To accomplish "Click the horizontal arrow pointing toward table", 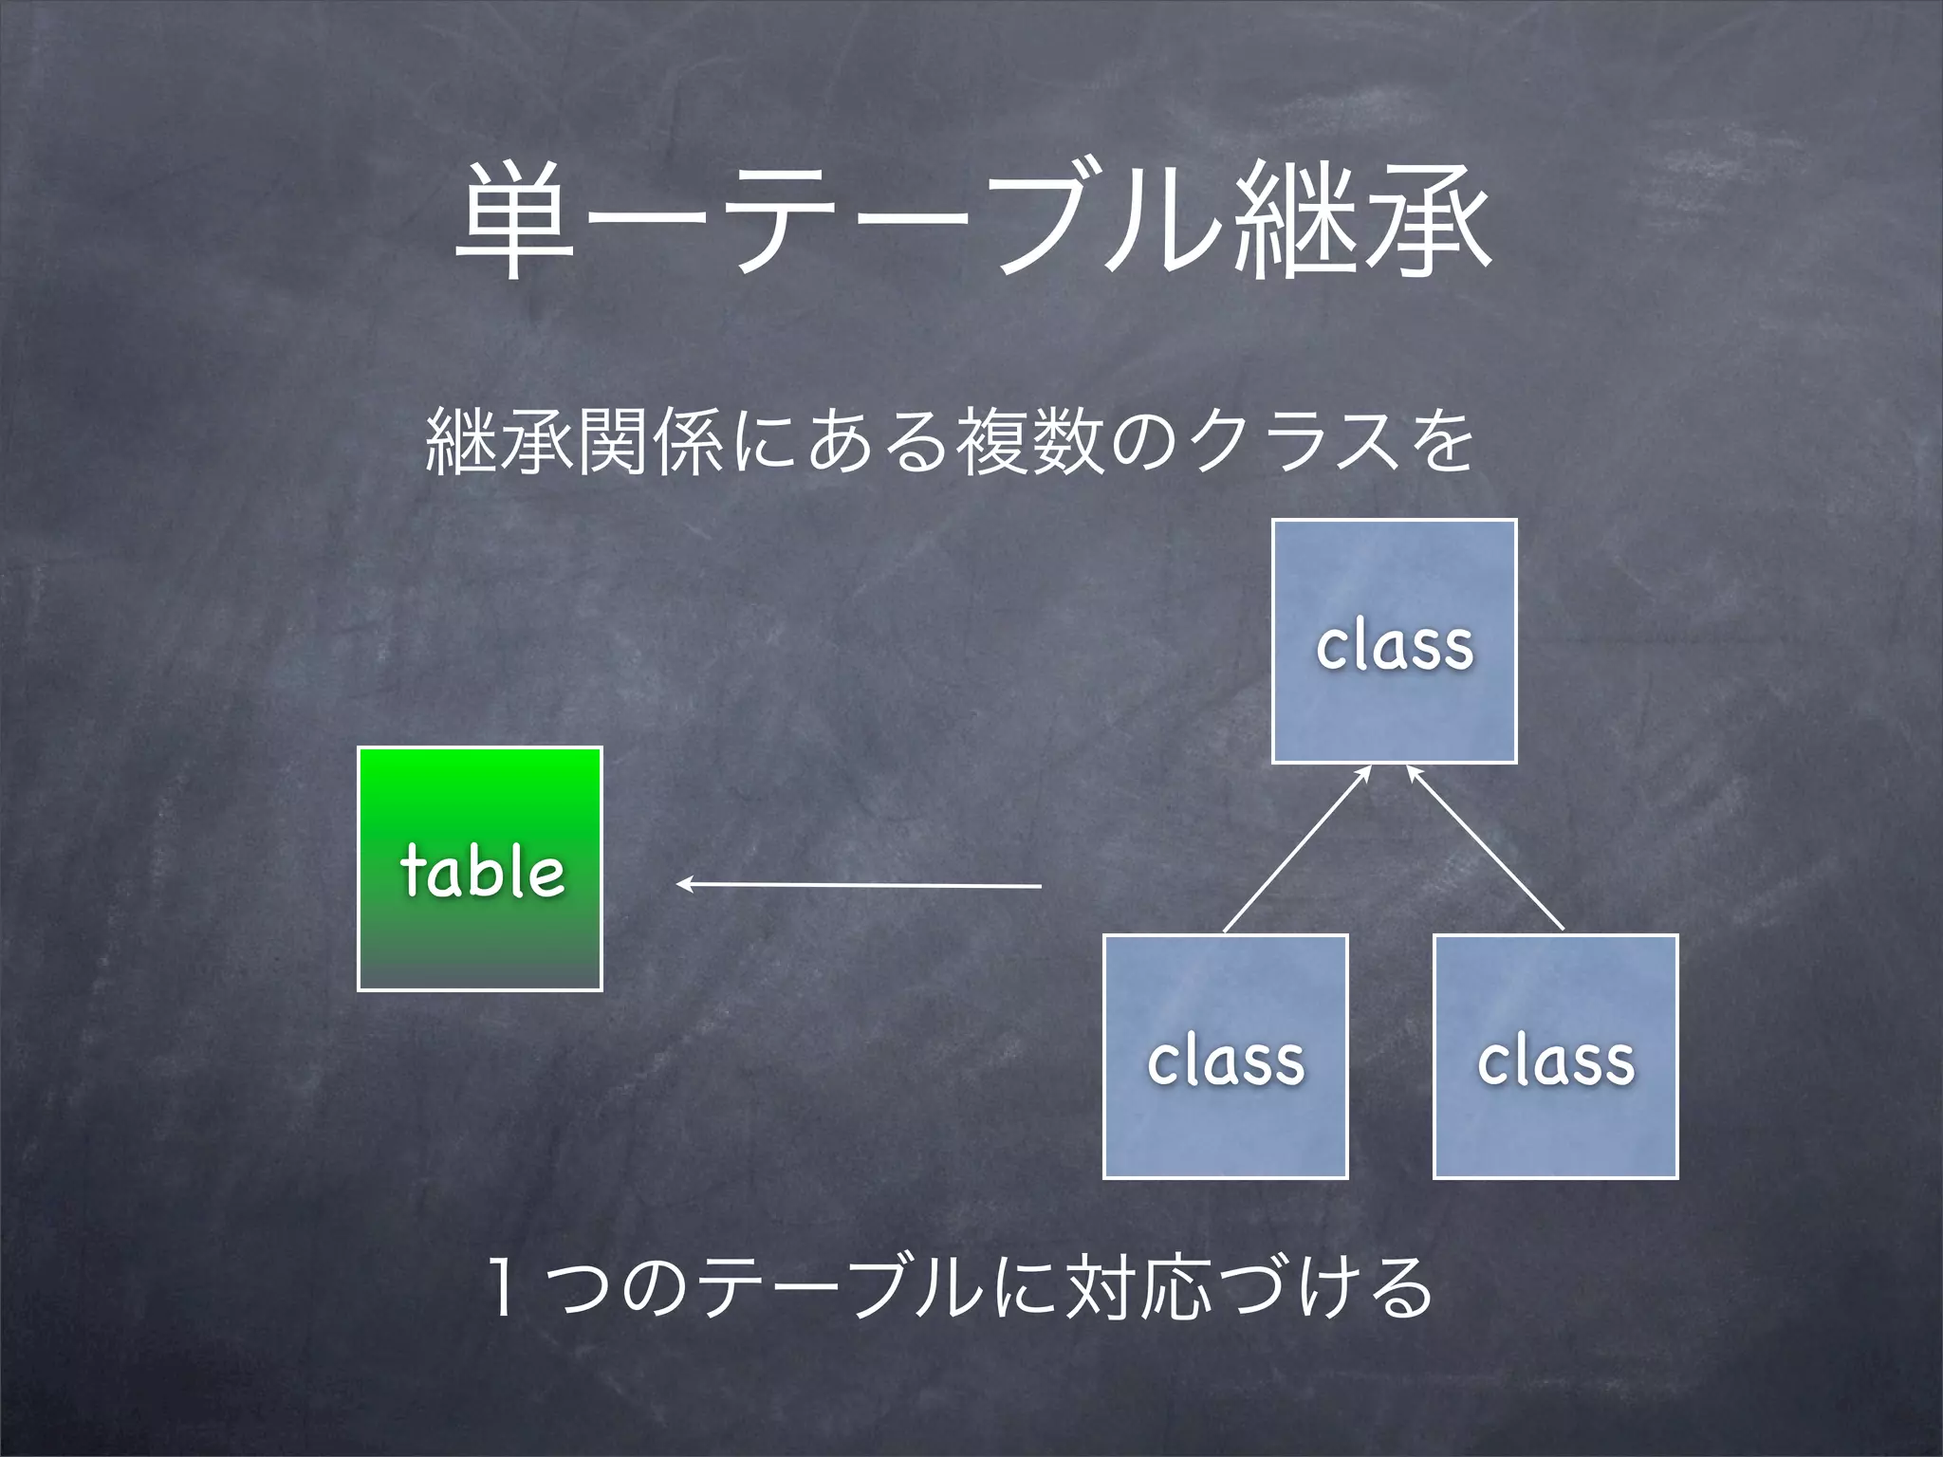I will [859, 885].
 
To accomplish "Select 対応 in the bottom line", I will [1138, 1287].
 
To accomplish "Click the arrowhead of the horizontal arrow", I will [683, 885].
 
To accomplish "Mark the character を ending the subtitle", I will [1441, 441].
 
